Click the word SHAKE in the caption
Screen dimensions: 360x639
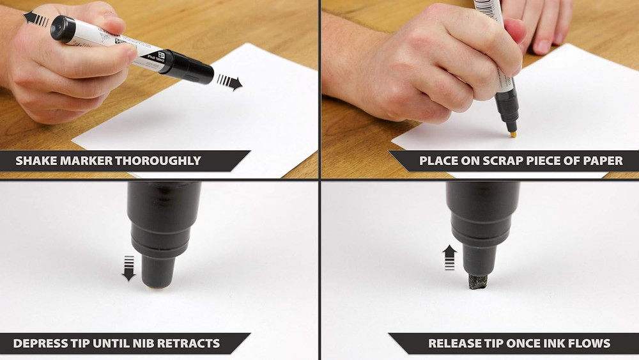[x=36, y=160]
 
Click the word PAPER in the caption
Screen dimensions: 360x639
[x=603, y=160]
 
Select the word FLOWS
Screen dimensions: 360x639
[x=589, y=343]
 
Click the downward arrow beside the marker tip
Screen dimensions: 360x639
[x=128, y=268]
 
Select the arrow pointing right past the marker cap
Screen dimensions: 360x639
[x=230, y=82]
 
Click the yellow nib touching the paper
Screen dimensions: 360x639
[x=511, y=134]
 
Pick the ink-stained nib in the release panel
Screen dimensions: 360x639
[x=478, y=281]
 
